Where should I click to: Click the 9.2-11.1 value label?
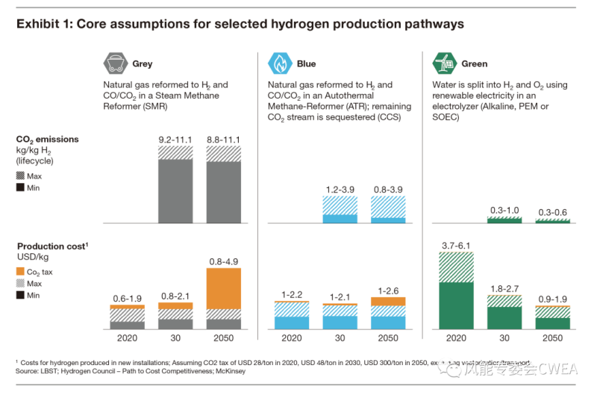(175, 139)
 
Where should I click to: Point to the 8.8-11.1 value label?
(223, 139)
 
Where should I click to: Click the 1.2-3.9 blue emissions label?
(340, 190)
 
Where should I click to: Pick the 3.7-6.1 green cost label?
(456, 245)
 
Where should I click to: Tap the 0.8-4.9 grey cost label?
(223, 261)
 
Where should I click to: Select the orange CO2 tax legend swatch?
(21, 272)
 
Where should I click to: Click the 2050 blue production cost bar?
(388, 314)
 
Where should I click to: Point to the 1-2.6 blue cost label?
(388, 290)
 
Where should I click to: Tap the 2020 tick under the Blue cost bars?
(292, 338)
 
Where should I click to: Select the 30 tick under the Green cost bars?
(504, 338)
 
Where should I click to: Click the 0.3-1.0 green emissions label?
(504, 211)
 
